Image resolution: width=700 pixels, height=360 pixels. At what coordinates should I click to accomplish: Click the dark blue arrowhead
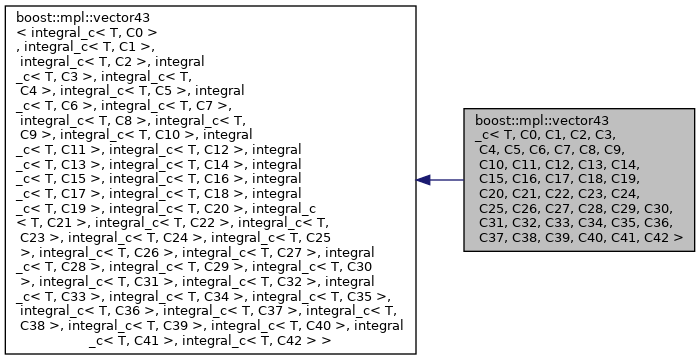[424, 180]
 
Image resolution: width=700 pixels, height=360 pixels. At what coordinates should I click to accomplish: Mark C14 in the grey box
[624, 163]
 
